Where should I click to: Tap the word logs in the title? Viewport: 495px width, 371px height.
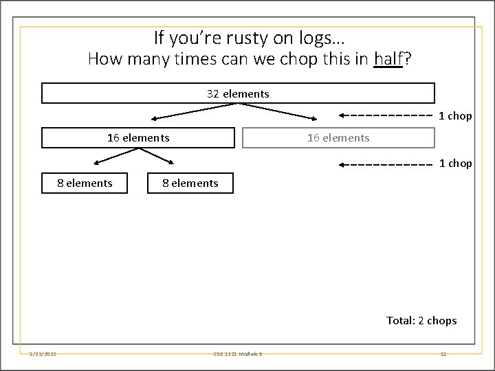(x=313, y=37)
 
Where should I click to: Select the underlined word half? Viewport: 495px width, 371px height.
(x=388, y=60)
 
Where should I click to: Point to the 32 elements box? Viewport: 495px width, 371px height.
(x=238, y=93)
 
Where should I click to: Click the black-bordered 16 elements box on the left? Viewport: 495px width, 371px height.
(x=138, y=137)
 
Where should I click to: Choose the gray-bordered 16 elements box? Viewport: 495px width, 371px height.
(x=338, y=137)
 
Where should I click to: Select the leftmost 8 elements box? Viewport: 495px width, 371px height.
(x=85, y=183)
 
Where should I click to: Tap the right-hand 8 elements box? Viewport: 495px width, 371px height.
(x=190, y=183)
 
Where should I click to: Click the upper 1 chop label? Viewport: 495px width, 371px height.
(x=455, y=116)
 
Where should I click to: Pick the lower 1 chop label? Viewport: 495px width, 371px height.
(x=455, y=164)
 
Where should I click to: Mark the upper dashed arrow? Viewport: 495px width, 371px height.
(x=386, y=115)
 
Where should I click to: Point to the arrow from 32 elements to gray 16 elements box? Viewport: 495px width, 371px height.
(x=278, y=112)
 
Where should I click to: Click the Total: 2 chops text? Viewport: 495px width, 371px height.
(x=421, y=320)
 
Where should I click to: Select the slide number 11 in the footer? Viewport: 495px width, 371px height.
(x=443, y=354)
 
